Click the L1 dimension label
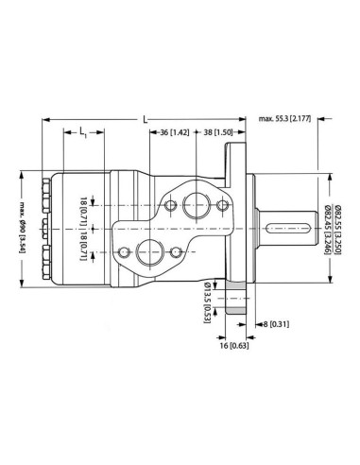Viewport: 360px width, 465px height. pos(84,132)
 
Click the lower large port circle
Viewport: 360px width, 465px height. pos(147,253)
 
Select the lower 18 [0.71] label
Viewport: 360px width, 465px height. pos(84,244)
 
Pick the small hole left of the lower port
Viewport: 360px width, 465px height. pos(123,252)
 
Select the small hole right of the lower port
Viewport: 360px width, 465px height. pos(176,252)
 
